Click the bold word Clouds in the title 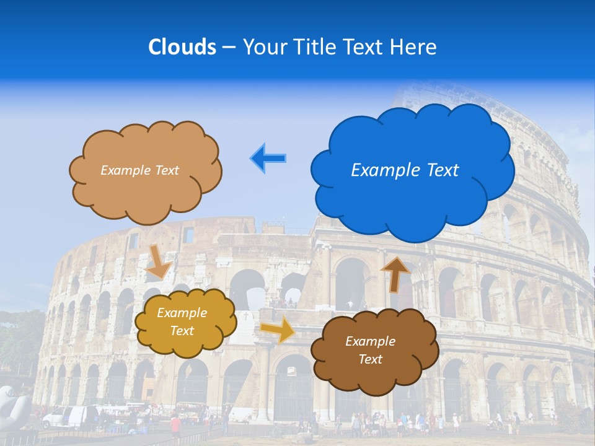click(x=182, y=47)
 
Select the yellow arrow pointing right click(x=278, y=330)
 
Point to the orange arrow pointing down click(x=159, y=261)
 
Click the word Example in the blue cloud click(x=379, y=170)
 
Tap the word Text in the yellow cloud click(x=182, y=331)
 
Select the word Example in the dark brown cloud click(x=370, y=341)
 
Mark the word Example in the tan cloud click(x=123, y=170)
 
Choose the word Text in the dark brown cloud click(x=370, y=359)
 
